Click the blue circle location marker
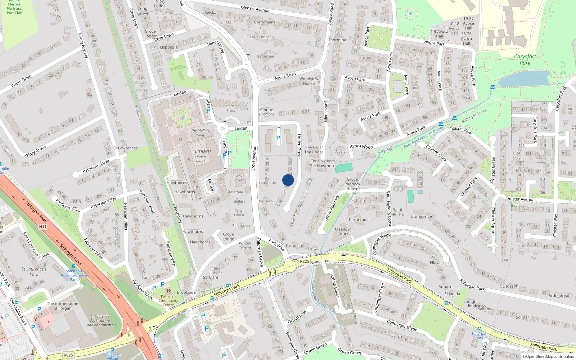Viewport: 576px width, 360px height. [x=288, y=180]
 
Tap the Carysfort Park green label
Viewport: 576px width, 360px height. [x=525, y=60]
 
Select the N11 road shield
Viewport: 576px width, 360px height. [x=43, y=227]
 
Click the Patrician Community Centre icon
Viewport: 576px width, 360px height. [x=168, y=291]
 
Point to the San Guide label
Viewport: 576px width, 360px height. [x=267, y=183]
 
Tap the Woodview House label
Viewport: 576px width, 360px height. [x=309, y=81]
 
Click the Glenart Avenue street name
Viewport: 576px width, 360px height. [x=255, y=9]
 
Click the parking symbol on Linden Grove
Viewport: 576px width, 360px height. [x=278, y=138]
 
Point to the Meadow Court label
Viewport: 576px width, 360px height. [x=343, y=231]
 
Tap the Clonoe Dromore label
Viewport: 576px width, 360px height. [x=266, y=112]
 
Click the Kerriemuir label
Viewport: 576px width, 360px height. [x=359, y=220]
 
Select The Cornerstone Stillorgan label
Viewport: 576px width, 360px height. [x=63, y=306]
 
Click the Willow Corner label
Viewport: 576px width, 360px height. [x=245, y=246]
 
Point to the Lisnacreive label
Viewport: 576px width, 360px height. [x=421, y=216]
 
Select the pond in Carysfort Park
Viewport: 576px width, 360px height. [x=524, y=79]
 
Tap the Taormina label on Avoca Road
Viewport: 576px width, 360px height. [x=337, y=40]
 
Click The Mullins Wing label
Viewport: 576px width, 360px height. [x=200, y=132]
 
